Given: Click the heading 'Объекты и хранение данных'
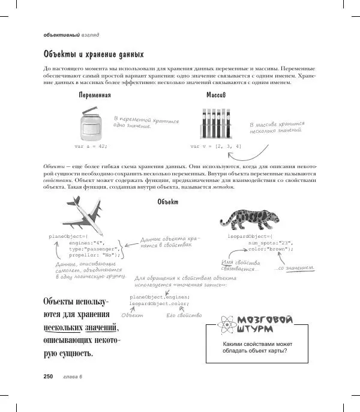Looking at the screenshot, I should pos(93,54).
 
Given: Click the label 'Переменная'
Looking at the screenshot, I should pos(95,95).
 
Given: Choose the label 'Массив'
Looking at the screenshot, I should pos(216,95).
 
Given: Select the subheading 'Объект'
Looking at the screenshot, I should pos(167,202).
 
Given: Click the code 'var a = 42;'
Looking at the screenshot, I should pos(91,146).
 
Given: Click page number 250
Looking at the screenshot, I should pos(49,377).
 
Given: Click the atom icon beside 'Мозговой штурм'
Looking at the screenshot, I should pos(228,325).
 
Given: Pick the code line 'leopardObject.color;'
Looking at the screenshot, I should pos(159,303).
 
